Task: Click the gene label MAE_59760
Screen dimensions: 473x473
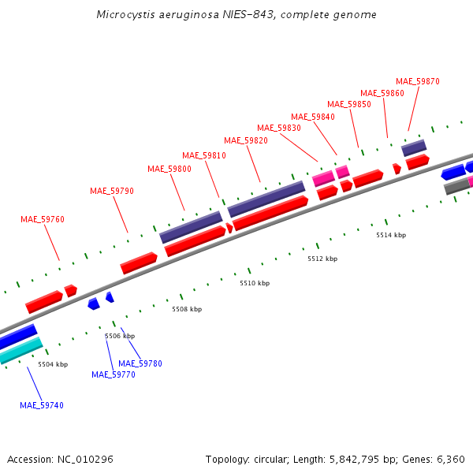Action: pos(43,219)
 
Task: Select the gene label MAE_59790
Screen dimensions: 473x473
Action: pos(112,191)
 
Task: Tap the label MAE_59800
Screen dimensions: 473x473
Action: pos(169,169)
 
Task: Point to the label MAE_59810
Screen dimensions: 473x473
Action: pos(204,155)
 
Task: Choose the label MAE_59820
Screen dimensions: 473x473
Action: pos(246,140)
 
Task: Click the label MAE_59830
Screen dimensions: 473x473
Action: pos(279,128)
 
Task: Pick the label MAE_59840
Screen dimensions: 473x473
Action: pos(313,117)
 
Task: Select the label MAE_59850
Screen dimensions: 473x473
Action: pos(349,104)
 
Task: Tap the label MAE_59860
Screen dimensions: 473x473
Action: pos(382,93)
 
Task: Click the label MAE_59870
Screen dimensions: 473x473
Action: pos(418,81)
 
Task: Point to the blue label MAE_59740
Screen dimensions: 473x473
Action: pos(42,405)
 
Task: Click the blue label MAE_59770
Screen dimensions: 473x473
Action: pos(114,374)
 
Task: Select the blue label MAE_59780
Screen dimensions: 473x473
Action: pos(140,363)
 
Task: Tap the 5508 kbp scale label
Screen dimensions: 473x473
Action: pos(187,309)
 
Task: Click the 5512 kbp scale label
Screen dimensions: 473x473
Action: pos(322,259)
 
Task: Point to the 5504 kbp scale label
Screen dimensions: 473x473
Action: pos(53,364)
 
